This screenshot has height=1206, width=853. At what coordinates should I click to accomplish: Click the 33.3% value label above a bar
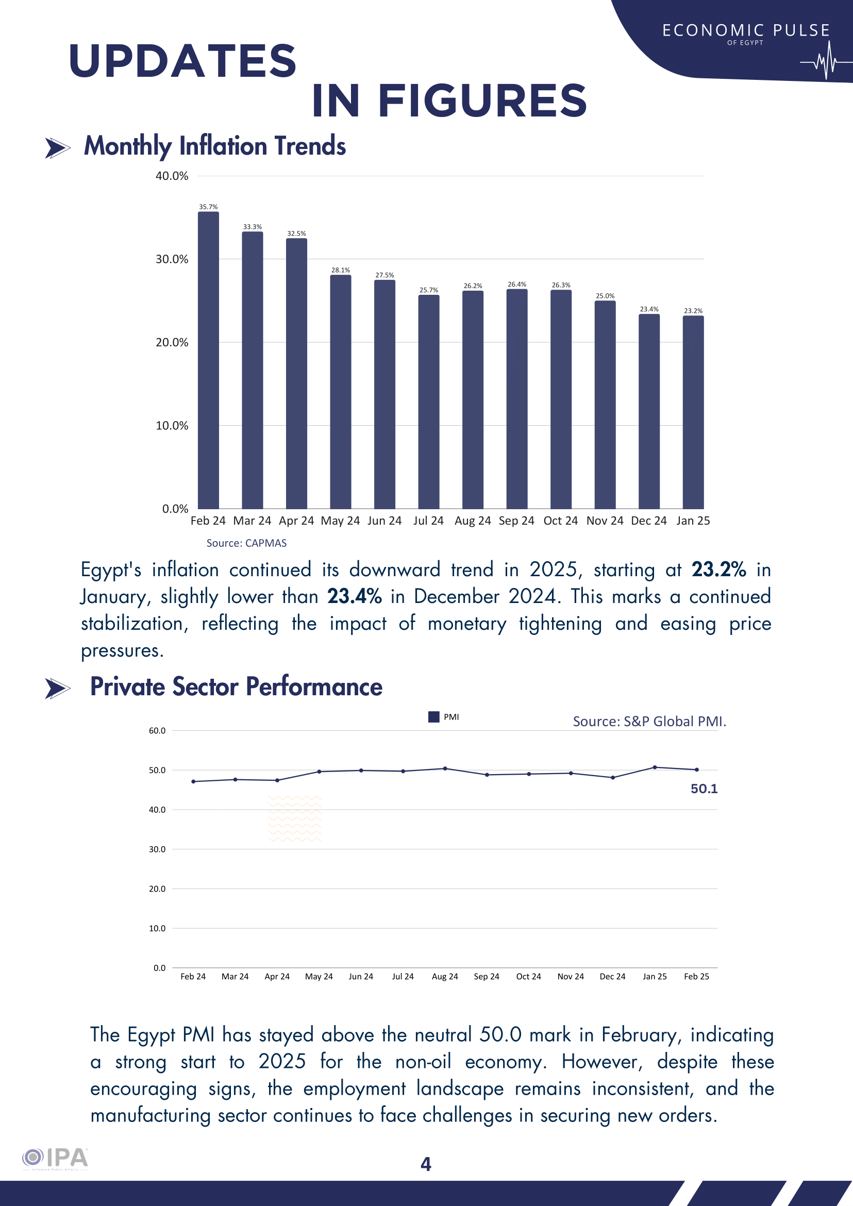[252, 227]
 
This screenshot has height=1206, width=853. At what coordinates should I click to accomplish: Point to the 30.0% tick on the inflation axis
[171, 259]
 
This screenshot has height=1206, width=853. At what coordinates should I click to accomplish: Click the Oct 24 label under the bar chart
[560, 521]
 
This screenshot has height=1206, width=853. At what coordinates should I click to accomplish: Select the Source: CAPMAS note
[246, 543]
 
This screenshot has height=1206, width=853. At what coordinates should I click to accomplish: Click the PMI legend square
[434, 717]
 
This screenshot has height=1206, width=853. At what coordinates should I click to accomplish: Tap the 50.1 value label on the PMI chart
[704, 789]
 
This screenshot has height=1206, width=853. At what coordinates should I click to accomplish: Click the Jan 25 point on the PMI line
[655, 767]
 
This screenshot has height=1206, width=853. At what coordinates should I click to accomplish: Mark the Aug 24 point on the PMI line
[445, 768]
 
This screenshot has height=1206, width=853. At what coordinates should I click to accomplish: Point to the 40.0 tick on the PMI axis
[157, 810]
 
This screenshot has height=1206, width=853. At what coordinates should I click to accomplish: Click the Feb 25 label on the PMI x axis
[696, 977]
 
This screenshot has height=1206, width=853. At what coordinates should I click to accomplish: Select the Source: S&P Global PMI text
[649, 722]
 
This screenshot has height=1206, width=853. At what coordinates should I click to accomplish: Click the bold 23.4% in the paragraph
[354, 597]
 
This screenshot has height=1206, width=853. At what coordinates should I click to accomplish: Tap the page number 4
[426, 1164]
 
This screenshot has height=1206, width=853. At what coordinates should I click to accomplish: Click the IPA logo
[55, 1158]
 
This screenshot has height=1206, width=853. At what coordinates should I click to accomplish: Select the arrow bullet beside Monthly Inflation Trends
[57, 148]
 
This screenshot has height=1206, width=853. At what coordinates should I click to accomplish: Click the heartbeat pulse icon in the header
[826, 61]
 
